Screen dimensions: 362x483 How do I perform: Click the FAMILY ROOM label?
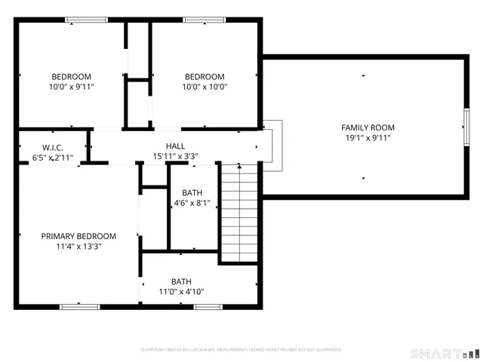(368, 127)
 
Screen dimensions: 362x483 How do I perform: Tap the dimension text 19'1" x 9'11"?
(368, 138)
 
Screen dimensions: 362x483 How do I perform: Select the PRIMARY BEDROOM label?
(78, 236)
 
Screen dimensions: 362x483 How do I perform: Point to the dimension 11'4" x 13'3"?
(78, 247)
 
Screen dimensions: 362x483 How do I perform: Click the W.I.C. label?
(52, 147)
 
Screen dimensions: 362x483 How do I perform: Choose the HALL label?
(175, 146)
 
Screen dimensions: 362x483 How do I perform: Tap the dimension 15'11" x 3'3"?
(175, 157)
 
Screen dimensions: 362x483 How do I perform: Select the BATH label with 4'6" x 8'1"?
(192, 192)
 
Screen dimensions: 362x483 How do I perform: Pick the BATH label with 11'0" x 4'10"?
(181, 281)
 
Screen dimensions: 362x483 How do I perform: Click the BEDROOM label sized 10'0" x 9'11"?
(72, 76)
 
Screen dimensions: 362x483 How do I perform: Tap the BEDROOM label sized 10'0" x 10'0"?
(205, 76)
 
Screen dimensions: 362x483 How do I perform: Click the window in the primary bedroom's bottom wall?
(80, 307)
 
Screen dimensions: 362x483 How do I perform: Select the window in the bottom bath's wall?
(208, 307)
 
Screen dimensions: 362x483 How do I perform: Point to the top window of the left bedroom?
(86, 20)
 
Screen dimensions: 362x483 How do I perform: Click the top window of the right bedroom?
(205, 20)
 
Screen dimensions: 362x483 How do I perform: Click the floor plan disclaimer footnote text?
(241, 350)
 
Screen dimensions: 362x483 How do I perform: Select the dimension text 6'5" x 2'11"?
(52, 158)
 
